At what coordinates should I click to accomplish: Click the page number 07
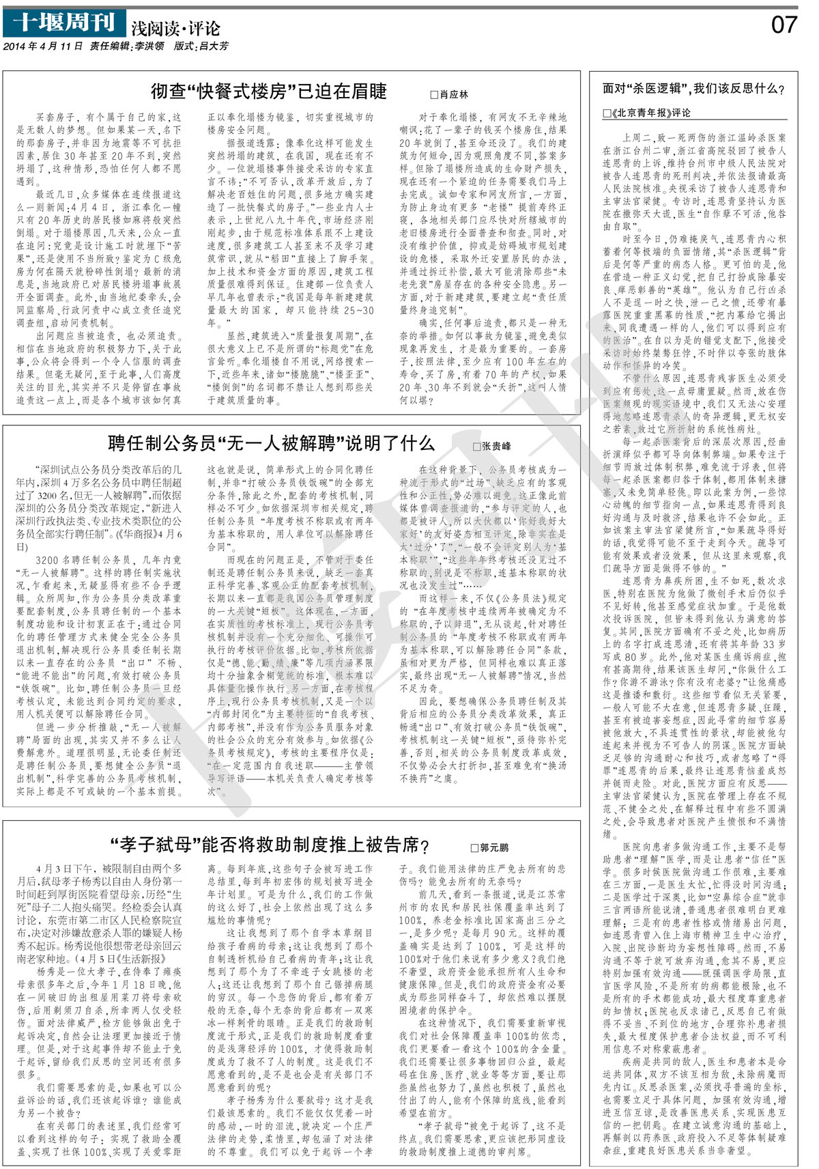coord(784,25)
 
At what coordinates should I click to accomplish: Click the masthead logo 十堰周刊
coord(64,23)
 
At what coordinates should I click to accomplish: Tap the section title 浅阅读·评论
coord(176,28)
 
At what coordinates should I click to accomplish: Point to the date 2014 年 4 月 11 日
coord(43,46)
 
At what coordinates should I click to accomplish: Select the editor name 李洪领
coord(149,46)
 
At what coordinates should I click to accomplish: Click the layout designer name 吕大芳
coord(214,46)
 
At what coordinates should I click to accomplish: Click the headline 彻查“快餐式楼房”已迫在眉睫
coord(269,91)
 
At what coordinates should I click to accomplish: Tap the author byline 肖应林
coord(454,94)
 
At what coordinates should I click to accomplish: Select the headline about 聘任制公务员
coord(271,443)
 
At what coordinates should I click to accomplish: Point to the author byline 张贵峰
coord(496,447)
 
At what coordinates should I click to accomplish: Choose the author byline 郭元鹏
coord(494,847)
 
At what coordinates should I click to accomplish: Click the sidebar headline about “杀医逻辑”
coord(693,89)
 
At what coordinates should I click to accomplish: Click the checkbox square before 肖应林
coord(434,95)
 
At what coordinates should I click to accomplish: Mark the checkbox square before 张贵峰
coord(476,447)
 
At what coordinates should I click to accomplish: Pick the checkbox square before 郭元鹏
coord(474,848)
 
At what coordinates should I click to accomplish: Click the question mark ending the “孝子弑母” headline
coord(425,846)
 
